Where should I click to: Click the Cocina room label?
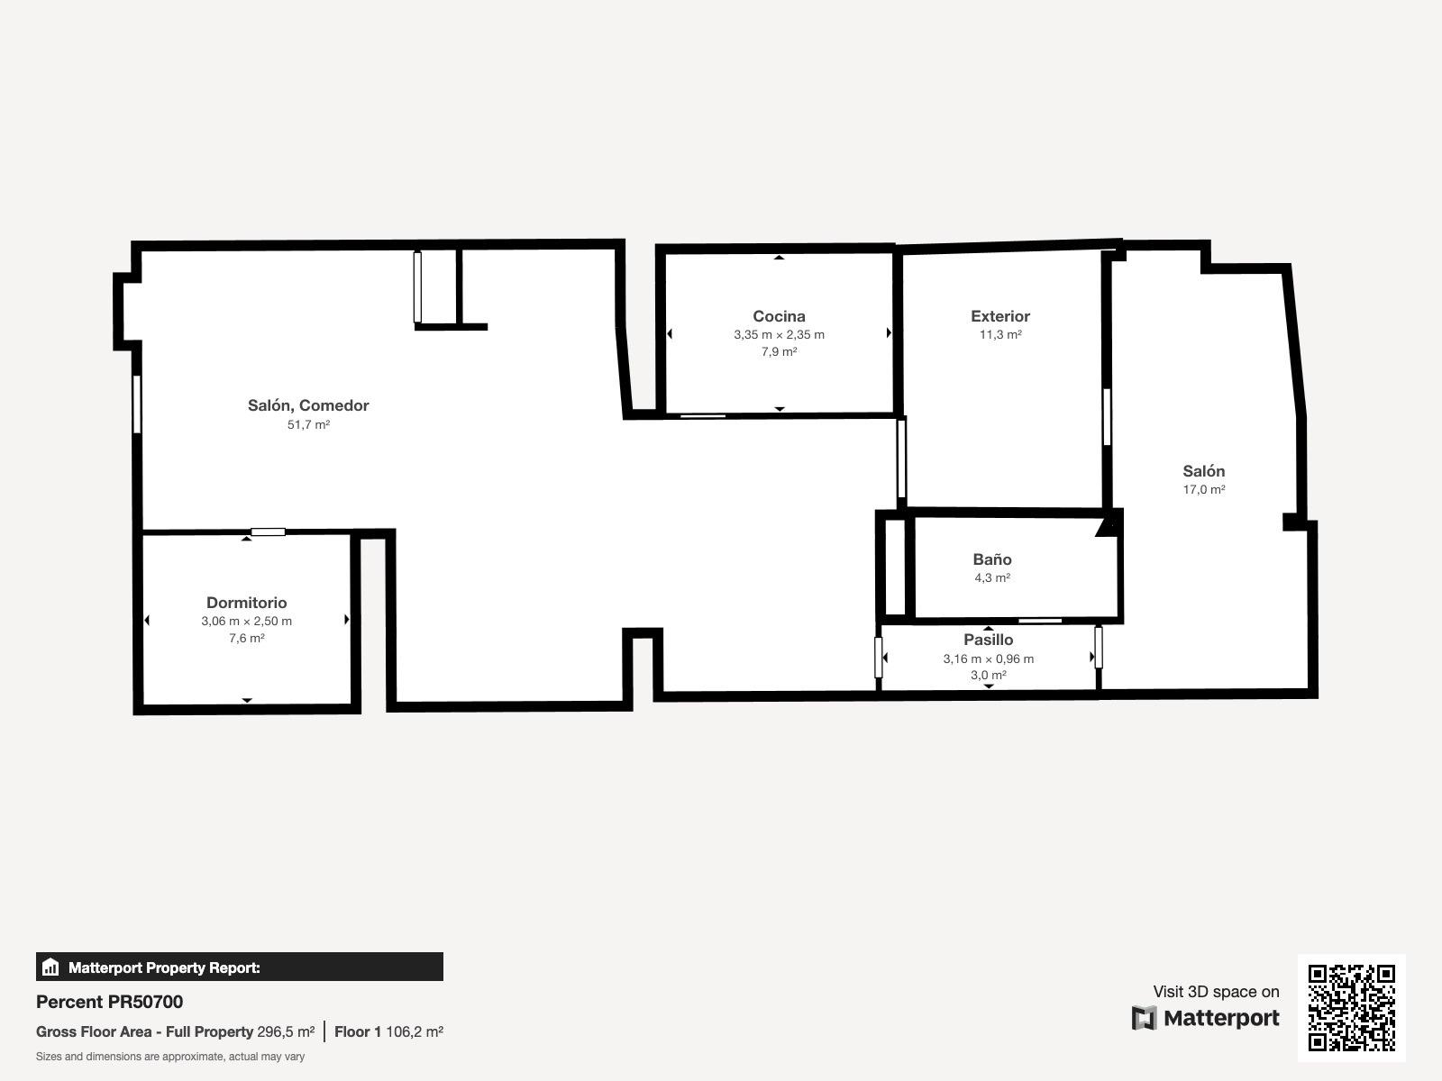point(779,316)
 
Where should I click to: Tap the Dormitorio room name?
point(246,603)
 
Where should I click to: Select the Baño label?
point(992,559)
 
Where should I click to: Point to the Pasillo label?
point(988,640)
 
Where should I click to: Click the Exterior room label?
point(999,316)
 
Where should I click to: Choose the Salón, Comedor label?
point(308,405)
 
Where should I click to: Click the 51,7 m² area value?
point(308,424)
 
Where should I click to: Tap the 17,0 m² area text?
point(1203,490)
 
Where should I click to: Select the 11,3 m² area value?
point(999,335)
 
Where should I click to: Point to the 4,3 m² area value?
point(992,577)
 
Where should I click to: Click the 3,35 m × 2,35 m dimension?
point(779,335)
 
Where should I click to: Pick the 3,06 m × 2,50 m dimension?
point(246,621)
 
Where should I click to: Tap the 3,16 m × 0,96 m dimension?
point(988,659)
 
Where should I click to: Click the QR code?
point(1351,1007)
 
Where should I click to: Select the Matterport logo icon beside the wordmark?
point(1144,1018)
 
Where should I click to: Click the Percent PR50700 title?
point(109,1002)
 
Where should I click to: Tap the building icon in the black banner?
point(50,967)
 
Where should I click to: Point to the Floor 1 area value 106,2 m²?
point(414,1031)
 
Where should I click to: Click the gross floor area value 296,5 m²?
point(285,1031)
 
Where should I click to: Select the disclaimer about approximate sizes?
point(170,1057)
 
